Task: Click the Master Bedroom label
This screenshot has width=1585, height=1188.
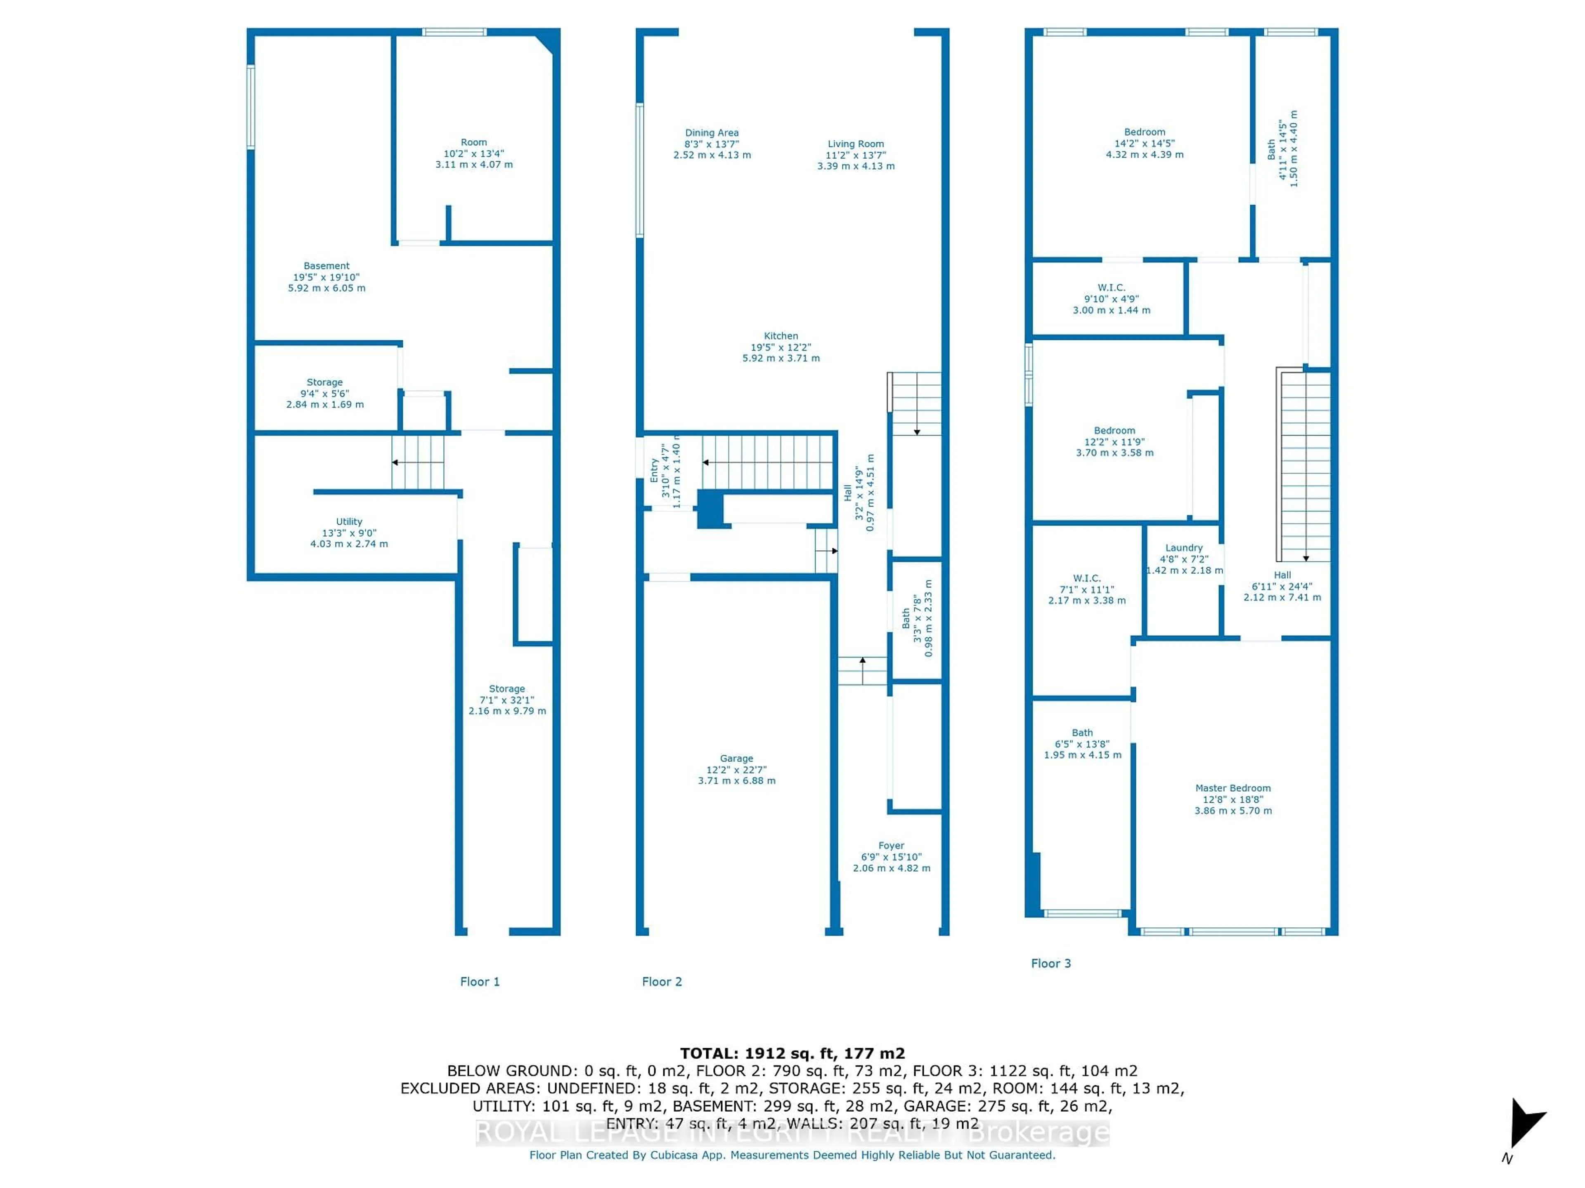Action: pyautogui.click(x=1233, y=788)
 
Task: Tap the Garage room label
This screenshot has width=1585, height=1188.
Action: pyautogui.click(x=737, y=758)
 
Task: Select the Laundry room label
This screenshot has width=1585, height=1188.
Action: pyautogui.click(x=1184, y=548)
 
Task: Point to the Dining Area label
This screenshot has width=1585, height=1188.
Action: pyautogui.click(x=712, y=132)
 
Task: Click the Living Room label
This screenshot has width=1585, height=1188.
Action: pyautogui.click(x=856, y=144)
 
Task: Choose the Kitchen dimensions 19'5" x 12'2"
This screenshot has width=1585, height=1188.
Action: pyautogui.click(x=781, y=347)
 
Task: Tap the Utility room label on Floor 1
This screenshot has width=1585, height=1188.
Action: pyautogui.click(x=349, y=522)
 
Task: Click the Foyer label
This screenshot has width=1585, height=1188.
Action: pyautogui.click(x=892, y=846)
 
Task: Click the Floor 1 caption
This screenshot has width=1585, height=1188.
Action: pyautogui.click(x=479, y=982)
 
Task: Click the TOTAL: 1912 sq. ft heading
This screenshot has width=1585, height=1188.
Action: pyautogui.click(x=792, y=1054)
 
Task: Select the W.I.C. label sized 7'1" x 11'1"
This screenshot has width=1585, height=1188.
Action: pyautogui.click(x=1086, y=579)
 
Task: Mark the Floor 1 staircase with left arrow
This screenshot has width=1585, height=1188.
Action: pyautogui.click(x=418, y=462)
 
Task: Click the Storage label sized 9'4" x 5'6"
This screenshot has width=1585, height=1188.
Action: pyautogui.click(x=324, y=382)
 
